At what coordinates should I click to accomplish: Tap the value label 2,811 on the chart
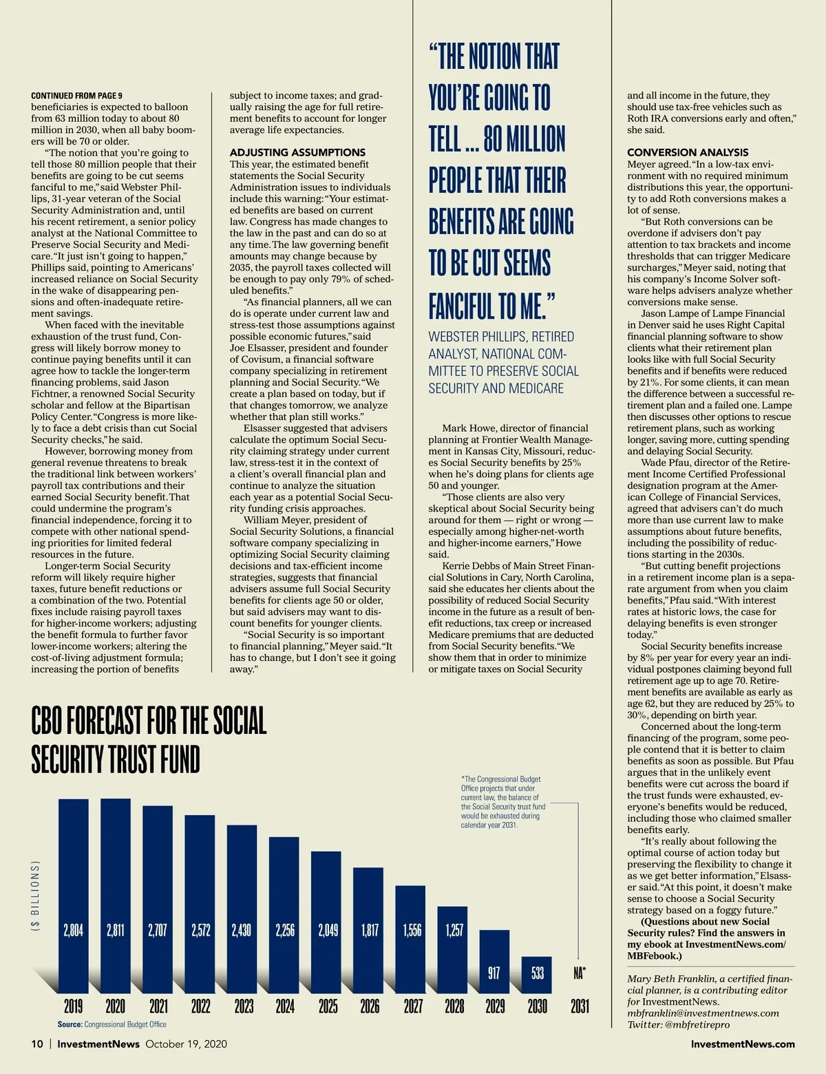(x=115, y=930)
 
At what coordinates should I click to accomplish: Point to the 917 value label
(x=494, y=973)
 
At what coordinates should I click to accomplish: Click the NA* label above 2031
(x=580, y=973)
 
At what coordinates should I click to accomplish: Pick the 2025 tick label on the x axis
(x=328, y=1006)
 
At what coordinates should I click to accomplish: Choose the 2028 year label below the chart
(x=454, y=1006)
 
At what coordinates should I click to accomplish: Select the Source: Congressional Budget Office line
(x=112, y=1024)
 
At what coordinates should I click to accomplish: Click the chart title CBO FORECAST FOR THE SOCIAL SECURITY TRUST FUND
(x=149, y=741)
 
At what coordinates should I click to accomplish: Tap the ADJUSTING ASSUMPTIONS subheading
(x=297, y=152)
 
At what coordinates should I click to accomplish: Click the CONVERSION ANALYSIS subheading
(x=687, y=152)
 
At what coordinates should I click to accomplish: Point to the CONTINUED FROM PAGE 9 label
(x=76, y=96)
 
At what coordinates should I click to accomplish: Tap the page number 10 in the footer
(x=37, y=1044)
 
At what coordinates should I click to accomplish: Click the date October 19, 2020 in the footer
(x=186, y=1044)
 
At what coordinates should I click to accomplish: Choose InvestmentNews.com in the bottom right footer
(x=742, y=1044)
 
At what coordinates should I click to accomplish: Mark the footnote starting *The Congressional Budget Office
(x=502, y=802)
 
